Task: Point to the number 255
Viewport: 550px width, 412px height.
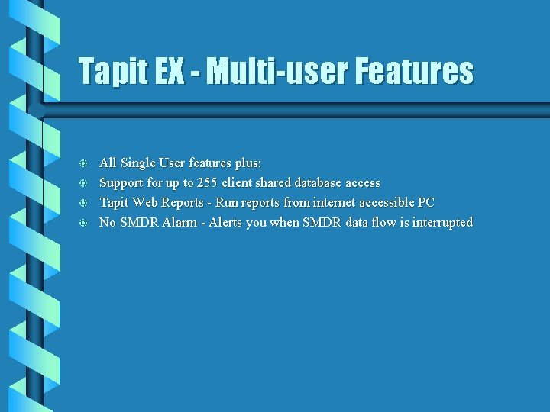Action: coord(207,183)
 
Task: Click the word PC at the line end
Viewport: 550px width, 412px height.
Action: coord(425,203)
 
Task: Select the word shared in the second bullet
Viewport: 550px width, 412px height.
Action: coord(271,183)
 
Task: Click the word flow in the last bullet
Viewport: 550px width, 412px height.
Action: coord(383,223)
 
